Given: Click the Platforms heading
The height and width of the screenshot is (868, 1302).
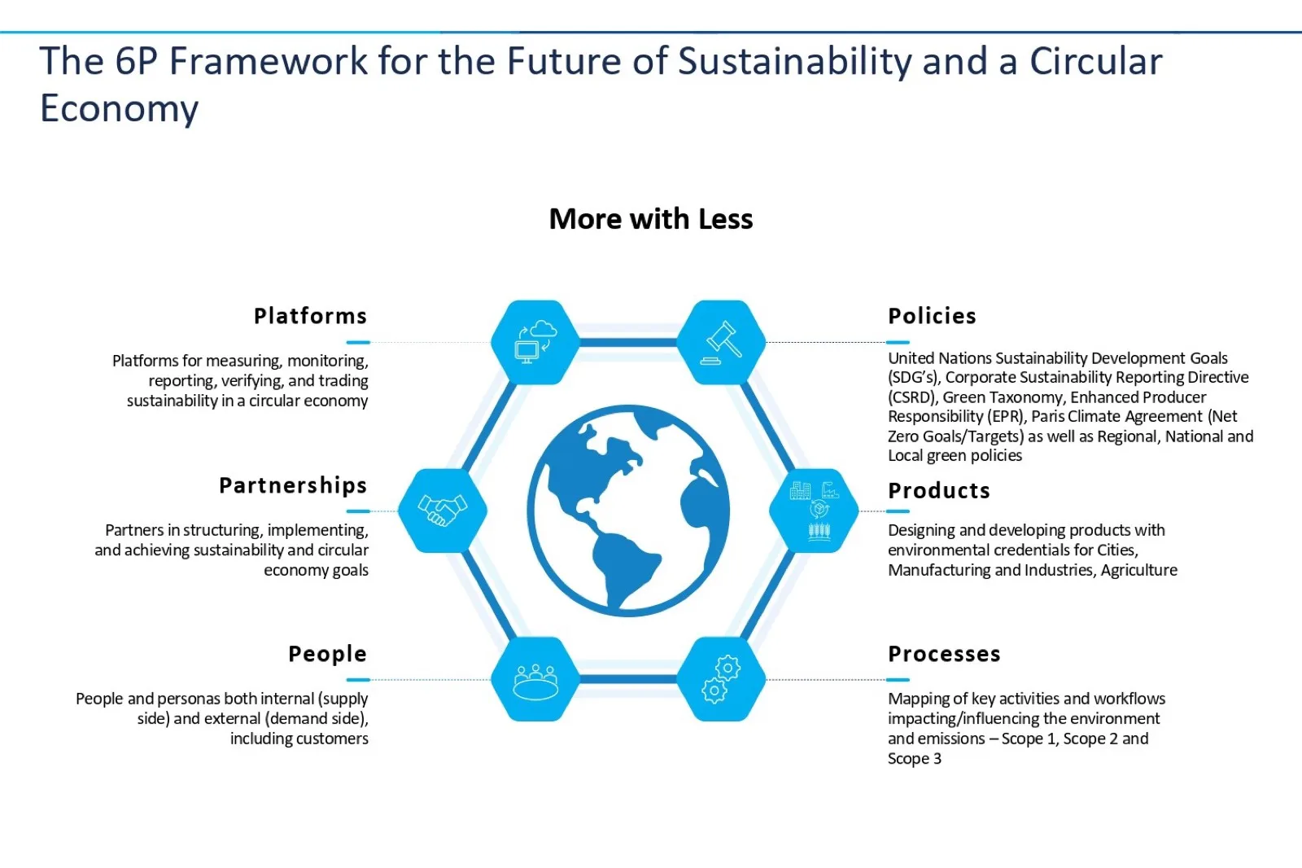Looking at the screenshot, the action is [x=310, y=316].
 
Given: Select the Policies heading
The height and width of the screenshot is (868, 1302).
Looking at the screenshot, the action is [x=932, y=316].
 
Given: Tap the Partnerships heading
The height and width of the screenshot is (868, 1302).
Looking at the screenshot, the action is [x=293, y=485].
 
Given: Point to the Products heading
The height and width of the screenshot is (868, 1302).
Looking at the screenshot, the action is [x=939, y=490].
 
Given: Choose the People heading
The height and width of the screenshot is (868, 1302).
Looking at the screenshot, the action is [x=328, y=654].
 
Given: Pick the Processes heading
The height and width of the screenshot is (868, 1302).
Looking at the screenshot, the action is [x=944, y=654].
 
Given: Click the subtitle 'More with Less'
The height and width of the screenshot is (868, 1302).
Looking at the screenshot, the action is [x=651, y=219].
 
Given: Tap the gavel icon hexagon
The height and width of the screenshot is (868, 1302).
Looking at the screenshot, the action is [x=721, y=342].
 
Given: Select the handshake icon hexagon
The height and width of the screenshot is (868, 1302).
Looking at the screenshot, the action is [x=443, y=511].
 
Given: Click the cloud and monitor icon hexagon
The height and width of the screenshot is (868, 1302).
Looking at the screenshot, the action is [x=535, y=342].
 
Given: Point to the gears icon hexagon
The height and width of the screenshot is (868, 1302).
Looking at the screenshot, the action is [x=721, y=679].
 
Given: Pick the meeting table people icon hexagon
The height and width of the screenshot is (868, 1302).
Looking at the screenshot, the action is [x=535, y=679].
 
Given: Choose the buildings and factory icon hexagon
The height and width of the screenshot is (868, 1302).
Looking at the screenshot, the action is [x=814, y=511].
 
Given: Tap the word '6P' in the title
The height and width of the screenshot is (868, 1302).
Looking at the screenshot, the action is [x=136, y=60].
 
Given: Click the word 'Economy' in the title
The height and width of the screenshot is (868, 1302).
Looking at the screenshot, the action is [x=119, y=109].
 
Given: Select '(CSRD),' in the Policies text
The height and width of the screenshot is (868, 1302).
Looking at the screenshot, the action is [x=911, y=397].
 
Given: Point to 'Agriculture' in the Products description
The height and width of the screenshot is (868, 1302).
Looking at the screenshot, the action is [x=1138, y=570].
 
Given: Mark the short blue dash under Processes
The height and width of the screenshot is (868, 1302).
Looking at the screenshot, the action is [x=898, y=680].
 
